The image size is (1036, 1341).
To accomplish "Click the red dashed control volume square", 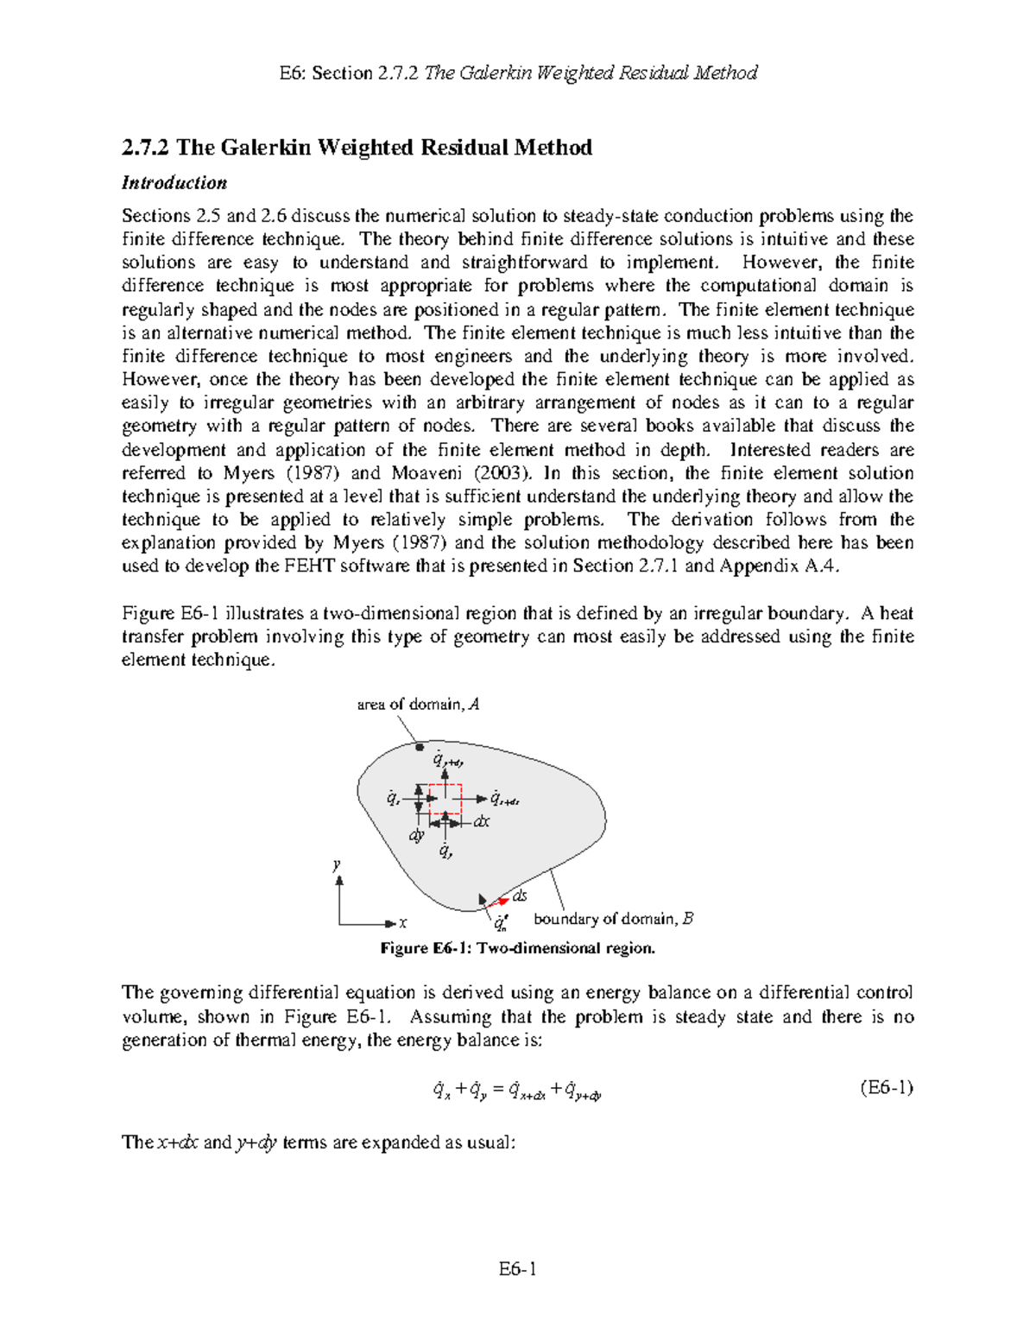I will coord(445,800).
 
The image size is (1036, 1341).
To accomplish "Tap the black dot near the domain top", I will coord(420,747).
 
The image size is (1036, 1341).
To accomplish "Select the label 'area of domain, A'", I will coord(418,705).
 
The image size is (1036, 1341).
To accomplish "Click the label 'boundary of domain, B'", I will coord(613,919).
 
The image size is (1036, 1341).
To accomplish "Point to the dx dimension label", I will coord(481,822).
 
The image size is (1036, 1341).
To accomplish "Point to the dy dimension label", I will coord(416,835).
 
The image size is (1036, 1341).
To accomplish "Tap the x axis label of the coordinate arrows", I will coord(402,924).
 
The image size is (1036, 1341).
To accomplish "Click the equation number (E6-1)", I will coord(887,1088).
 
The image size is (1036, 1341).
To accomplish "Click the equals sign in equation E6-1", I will coord(497,1091).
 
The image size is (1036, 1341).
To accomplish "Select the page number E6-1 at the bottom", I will coord(517,1268).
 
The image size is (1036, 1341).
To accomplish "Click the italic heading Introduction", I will coord(174,183).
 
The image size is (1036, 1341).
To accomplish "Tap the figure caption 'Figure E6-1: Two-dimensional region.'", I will coord(518,948).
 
